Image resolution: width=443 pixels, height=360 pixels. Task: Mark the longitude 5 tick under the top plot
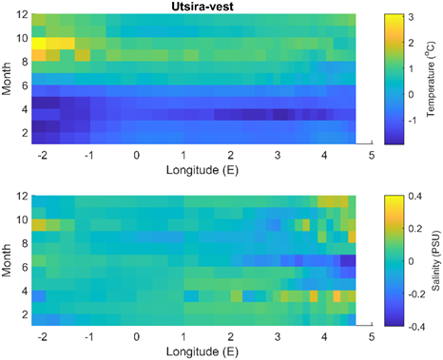(x=372, y=154)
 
